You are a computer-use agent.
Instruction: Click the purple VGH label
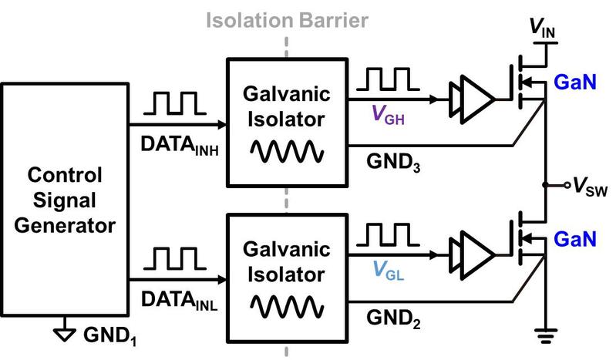coord(386,116)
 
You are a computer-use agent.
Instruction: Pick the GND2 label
coord(394,316)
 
